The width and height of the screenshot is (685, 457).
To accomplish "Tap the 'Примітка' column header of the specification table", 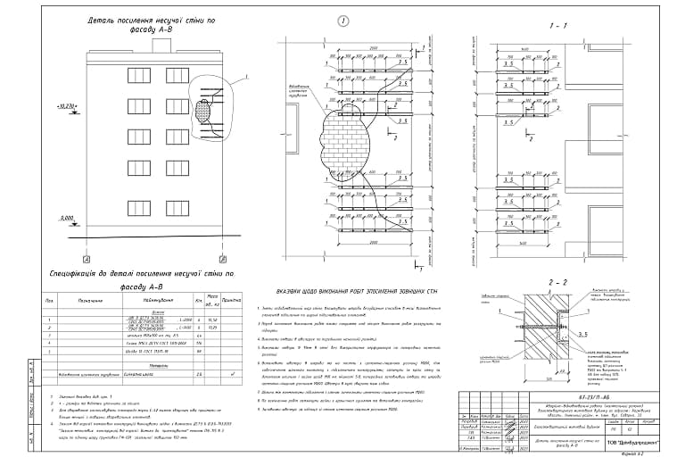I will pyautogui.click(x=234, y=302).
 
